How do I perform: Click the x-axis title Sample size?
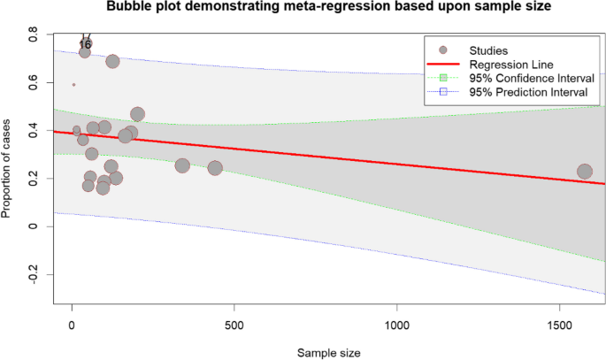327,352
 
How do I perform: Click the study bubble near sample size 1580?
585,172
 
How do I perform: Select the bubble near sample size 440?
215,168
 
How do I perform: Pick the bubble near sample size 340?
182,165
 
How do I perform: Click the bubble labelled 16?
85,51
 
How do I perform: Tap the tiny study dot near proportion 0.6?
73,85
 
